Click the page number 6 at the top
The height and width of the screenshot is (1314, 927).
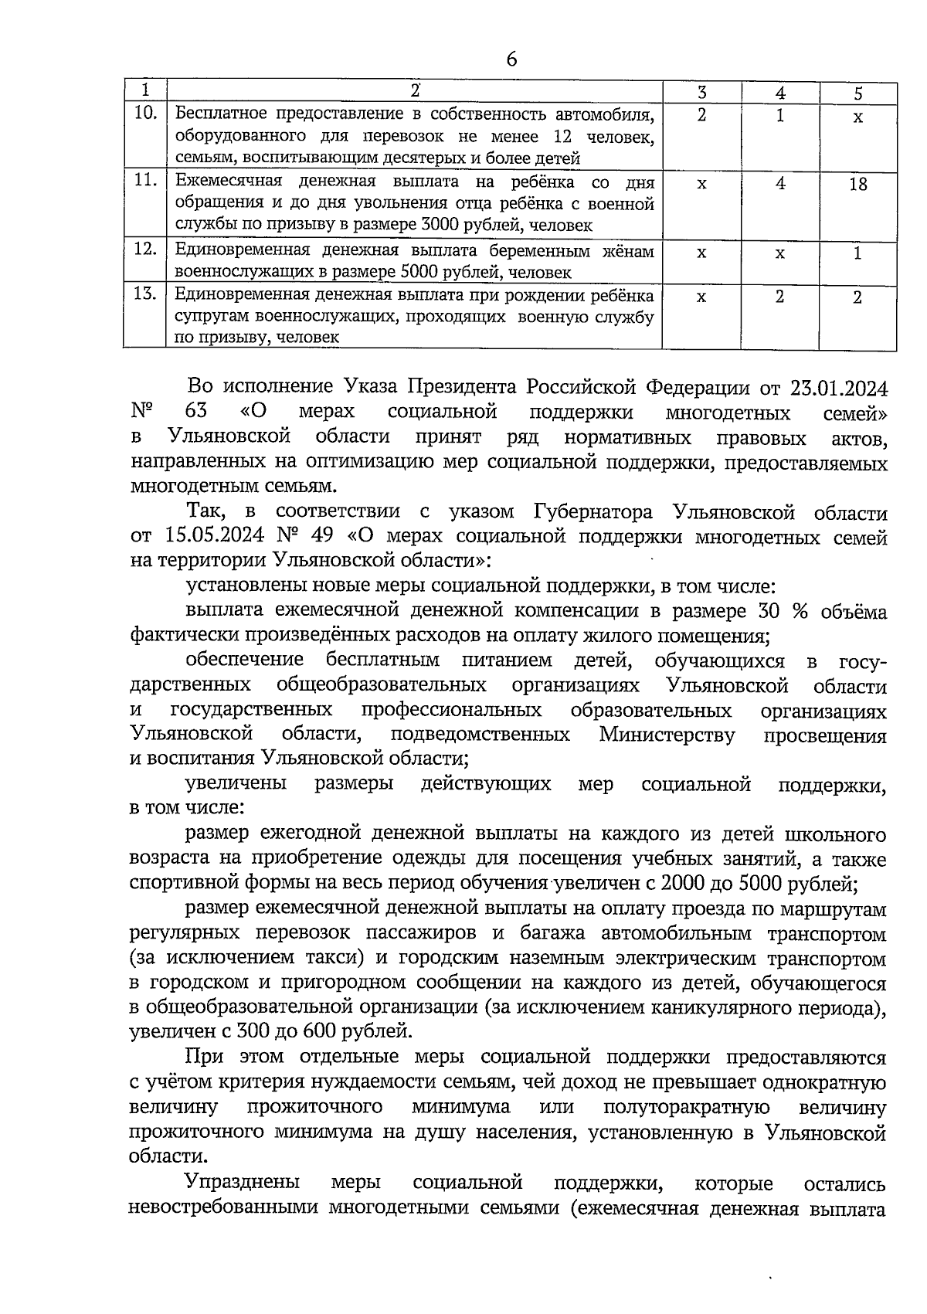pos(511,59)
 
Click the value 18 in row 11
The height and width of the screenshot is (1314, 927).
pos(857,185)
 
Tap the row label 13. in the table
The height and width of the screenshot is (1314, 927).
pos(145,294)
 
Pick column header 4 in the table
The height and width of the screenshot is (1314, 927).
pos(781,93)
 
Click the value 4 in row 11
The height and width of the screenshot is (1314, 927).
pos(781,185)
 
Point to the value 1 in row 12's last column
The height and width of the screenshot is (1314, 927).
pos(857,253)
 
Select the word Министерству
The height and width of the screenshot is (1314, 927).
pos(667,735)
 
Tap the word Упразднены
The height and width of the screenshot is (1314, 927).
pos(243,1183)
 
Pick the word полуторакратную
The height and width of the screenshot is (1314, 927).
pos(685,1107)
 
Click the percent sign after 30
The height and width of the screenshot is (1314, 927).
pos(799,612)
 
